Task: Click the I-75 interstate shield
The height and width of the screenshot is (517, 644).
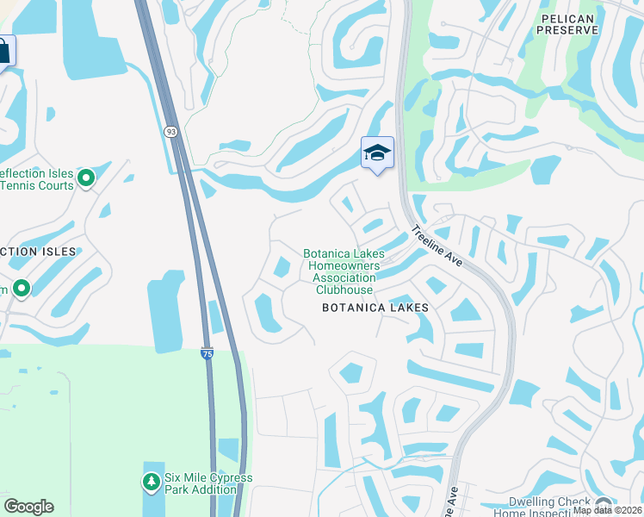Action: coord(207,353)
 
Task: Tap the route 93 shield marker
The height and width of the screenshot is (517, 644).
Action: coord(171,131)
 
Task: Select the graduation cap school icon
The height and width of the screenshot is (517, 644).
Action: coord(377,153)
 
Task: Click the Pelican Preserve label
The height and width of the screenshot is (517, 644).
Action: coord(567,23)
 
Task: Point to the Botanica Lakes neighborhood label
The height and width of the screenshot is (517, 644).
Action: coord(375,308)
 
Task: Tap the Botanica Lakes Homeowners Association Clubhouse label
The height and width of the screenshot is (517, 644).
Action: coord(344,271)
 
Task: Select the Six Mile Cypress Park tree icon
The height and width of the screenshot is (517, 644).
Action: coord(151,479)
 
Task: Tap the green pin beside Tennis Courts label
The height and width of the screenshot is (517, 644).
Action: coord(86,178)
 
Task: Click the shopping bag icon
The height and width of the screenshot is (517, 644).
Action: coord(4,52)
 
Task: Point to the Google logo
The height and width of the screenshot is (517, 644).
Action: coord(28,507)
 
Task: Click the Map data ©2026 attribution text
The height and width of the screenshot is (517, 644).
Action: coord(608,510)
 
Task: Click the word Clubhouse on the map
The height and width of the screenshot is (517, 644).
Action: coord(344,290)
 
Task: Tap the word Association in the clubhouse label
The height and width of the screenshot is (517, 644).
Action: coord(344,278)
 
